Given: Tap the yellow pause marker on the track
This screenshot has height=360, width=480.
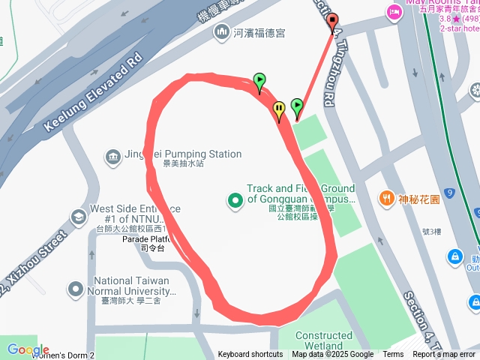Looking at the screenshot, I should tap(279, 109).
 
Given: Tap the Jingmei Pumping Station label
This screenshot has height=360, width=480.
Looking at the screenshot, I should tap(183, 154).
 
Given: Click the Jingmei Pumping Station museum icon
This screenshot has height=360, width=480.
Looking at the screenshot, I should tap(112, 156).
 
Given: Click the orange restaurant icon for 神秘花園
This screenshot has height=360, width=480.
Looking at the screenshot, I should tap(387, 199).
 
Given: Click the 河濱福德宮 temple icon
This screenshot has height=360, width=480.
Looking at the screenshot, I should tap(221, 32).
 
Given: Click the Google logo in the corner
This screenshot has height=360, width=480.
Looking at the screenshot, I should tap(28, 349).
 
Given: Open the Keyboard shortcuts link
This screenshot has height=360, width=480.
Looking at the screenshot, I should tap(250, 355).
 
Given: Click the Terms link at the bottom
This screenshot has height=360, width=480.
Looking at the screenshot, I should tap(393, 355).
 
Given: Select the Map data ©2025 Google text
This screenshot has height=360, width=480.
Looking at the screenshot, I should tap(333, 355).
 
